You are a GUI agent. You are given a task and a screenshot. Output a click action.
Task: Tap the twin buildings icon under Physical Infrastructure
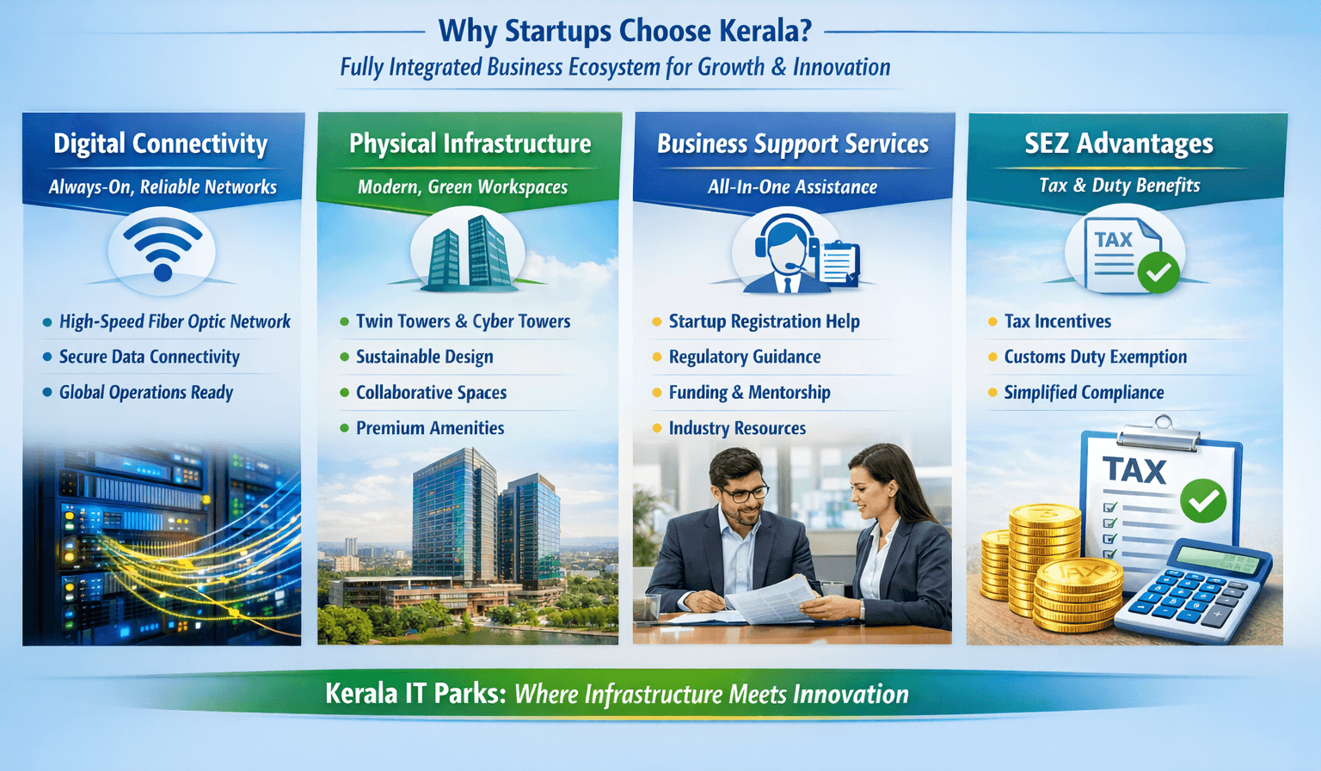pyautogui.click(x=468, y=251)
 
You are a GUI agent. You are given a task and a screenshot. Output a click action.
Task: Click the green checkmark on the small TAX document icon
pyautogui.click(x=1158, y=272)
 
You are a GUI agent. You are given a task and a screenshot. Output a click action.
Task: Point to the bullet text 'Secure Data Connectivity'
pyautogui.click(x=149, y=357)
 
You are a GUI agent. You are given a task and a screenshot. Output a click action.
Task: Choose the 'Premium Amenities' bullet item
pyautogui.click(x=430, y=428)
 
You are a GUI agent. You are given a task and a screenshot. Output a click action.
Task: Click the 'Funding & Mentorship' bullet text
pyautogui.click(x=749, y=393)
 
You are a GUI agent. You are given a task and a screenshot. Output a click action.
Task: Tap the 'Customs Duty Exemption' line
pyautogui.click(x=1095, y=357)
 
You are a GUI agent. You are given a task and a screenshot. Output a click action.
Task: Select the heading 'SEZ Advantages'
pyautogui.click(x=1118, y=144)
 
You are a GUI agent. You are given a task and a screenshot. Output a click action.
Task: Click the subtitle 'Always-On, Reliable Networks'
pyautogui.click(x=163, y=187)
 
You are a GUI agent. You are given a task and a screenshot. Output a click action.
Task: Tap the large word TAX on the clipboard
pyautogui.click(x=1134, y=471)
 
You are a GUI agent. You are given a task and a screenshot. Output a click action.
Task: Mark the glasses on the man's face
pyautogui.click(x=745, y=493)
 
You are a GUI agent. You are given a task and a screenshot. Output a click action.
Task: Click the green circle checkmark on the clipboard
pyautogui.click(x=1203, y=500)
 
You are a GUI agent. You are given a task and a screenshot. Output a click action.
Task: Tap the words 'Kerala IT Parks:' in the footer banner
pyautogui.click(x=415, y=694)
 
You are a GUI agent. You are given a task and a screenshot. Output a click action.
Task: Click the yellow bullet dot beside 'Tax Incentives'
pyautogui.click(x=992, y=321)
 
